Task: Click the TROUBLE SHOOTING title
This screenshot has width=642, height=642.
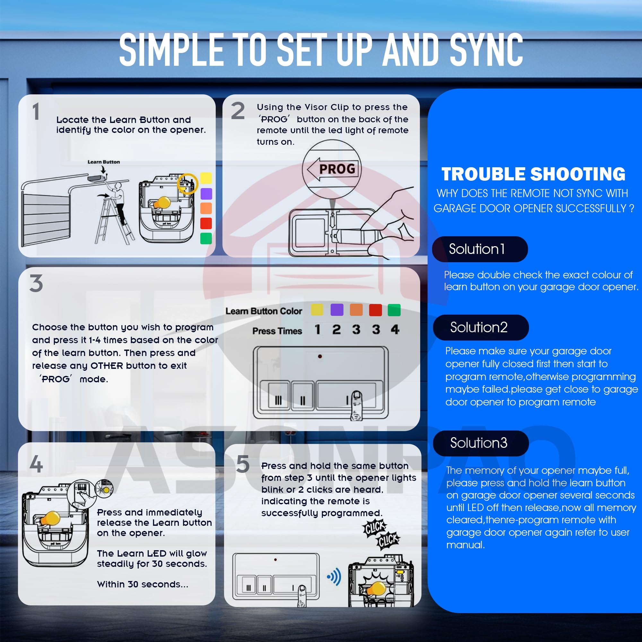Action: pos(533,174)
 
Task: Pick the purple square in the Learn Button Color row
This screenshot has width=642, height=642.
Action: pos(337,310)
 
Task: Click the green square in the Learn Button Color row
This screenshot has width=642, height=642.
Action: pos(394,310)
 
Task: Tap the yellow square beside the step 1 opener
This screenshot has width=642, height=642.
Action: pos(206,178)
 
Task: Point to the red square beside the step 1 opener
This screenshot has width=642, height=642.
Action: pos(206,223)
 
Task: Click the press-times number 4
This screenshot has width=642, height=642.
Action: pos(395,329)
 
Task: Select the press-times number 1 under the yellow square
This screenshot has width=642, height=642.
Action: pos(318,329)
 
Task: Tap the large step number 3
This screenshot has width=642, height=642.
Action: pos(36,283)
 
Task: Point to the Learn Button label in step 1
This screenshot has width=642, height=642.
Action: pos(104,162)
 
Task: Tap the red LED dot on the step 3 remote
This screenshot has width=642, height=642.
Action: pos(320,356)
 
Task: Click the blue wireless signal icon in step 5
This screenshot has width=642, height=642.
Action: pos(334,577)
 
